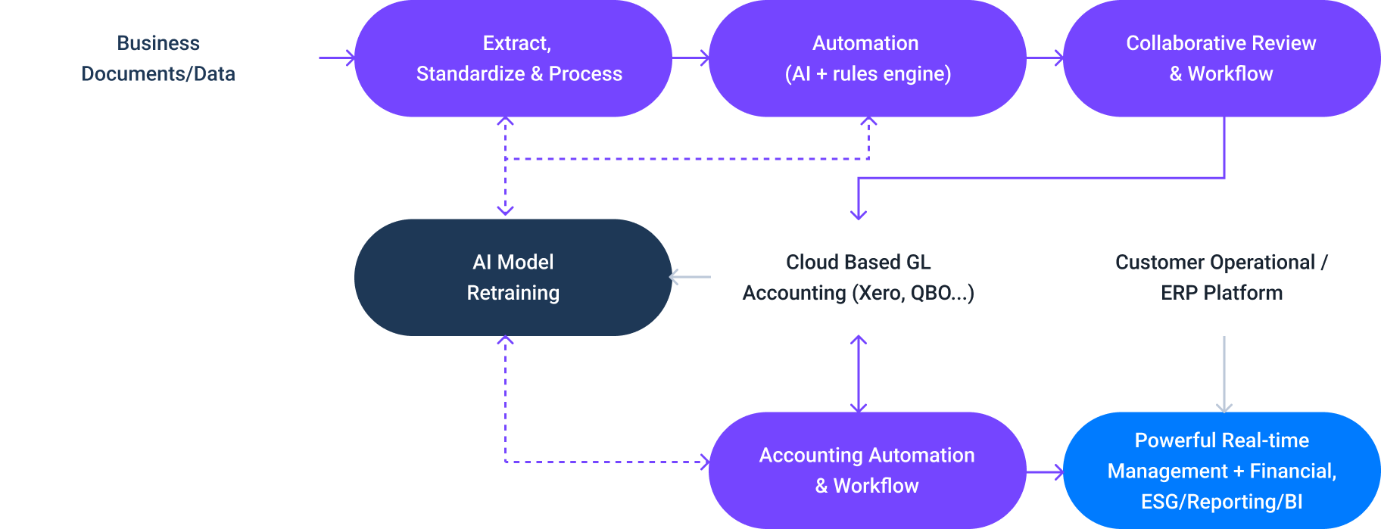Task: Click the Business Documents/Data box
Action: click(x=158, y=58)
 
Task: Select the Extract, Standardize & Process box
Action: click(x=513, y=58)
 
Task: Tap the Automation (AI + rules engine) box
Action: click(x=867, y=58)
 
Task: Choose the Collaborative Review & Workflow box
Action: click(x=1221, y=58)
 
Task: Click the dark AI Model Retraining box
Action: click(x=513, y=277)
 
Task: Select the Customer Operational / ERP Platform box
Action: click(x=1221, y=277)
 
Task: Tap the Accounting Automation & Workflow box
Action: click(x=867, y=470)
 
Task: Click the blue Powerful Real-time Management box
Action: click(x=1221, y=470)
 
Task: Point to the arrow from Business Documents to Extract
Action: click(x=336, y=58)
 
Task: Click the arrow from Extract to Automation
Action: click(x=690, y=58)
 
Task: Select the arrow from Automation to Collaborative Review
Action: click(x=1045, y=58)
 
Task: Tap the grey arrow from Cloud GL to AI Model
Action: click(x=690, y=277)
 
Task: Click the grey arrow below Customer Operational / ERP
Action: click(x=1224, y=374)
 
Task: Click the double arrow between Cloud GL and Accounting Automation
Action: click(x=859, y=374)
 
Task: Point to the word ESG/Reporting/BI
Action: click(x=1221, y=502)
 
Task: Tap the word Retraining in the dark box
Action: click(x=513, y=293)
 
